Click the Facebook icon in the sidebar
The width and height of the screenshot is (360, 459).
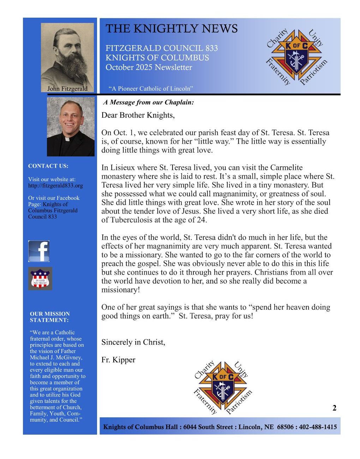click(x=39, y=251)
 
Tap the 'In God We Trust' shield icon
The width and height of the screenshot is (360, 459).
click(x=40, y=279)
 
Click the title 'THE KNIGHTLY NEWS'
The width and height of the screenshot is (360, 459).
click(x=172, y=29)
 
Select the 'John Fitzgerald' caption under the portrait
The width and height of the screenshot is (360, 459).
click(x=67, y=89)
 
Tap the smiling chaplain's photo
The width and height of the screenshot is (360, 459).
click(x=71, y=127)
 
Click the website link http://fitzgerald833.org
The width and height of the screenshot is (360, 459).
click(x=55, y=185)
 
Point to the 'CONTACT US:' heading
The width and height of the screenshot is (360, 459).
click(x=48, y=166)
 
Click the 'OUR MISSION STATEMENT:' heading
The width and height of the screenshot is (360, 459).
click(x=50, y=317)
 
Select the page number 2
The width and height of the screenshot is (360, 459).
click(x=334, y=408)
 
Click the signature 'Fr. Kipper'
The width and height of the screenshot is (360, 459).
click(x=118, y=360)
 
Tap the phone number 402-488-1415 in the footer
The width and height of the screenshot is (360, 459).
click(x=318, y=427)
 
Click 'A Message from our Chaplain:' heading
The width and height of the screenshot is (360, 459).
click(x=149, y=102)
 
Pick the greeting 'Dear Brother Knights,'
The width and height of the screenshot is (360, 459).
click(x=138, y=115)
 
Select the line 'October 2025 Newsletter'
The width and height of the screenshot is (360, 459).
click(x=149, y=67)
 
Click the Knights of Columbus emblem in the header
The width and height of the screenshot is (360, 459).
click(x=296, y=56)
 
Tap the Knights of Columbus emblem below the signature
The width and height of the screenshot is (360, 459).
click(x=223, y=387)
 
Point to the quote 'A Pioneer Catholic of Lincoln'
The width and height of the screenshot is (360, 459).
click(x=151, y=89)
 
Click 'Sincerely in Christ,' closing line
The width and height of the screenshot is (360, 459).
click(x=133, y=342)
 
